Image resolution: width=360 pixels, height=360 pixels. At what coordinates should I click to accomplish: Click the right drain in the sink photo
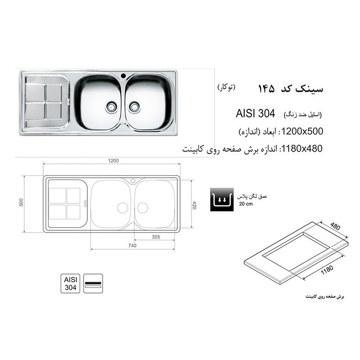pos(134,106)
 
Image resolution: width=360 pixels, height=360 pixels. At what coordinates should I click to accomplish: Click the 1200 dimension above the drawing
pos(112,161)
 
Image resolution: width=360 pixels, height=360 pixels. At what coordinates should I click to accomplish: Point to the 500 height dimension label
pos(21,203)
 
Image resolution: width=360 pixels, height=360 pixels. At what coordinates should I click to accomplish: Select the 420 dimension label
pos(194,205)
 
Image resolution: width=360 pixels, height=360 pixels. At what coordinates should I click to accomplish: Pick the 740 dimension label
pos(132,246)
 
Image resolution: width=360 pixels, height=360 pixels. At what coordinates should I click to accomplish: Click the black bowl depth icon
pos(221,200)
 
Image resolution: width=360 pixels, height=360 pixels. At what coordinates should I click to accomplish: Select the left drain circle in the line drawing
pos(122,207)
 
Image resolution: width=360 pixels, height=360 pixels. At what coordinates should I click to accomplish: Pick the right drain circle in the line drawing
pos(143,207)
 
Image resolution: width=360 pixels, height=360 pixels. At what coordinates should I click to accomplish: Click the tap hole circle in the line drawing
pos(133,181)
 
